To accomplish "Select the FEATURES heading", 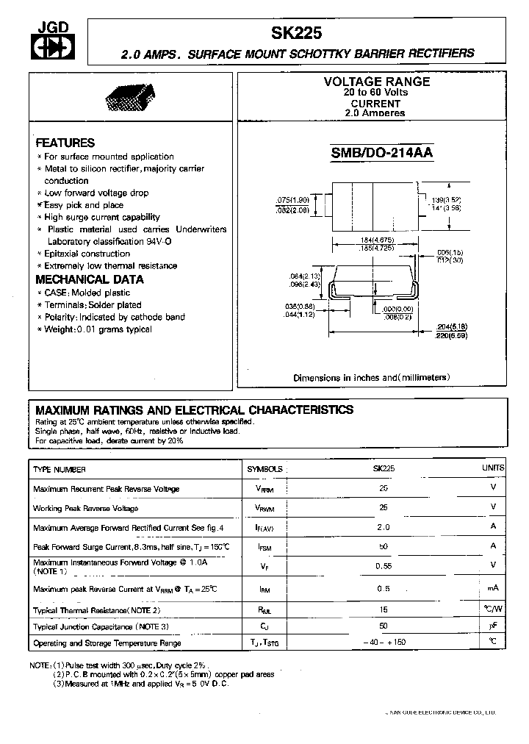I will tap(65, 143).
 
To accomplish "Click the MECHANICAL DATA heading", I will tap(90, 279).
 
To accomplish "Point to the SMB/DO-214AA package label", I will tap(382, 153).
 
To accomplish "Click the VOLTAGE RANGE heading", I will tap(376, 82).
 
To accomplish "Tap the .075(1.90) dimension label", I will tap(292, 200).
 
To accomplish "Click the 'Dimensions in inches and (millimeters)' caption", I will tap(371, 377).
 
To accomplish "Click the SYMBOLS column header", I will tap(264, 469).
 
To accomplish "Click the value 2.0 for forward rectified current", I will tap(384, 526).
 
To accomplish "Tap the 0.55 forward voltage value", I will tap(384, 565).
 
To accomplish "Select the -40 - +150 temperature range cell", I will tap(384, 643).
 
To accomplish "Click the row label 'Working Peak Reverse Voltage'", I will tap(85, 508).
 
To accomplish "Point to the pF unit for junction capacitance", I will tap(493, 625).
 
